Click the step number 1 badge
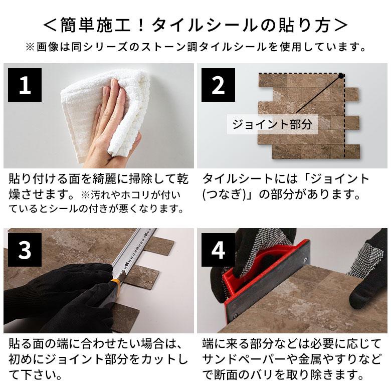[25, 86]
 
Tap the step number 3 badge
[25, 250]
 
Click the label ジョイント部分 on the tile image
[272, 124]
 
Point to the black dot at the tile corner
[341, 76]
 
